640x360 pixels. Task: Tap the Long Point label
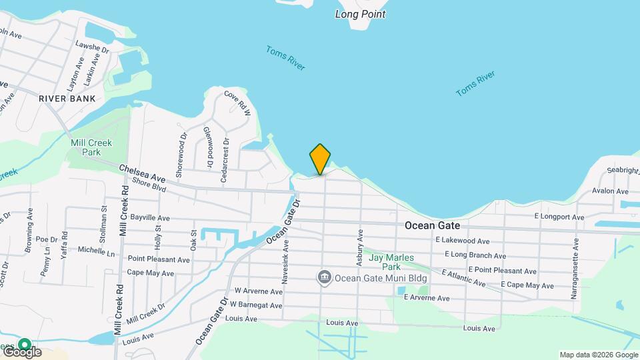pos(361,13)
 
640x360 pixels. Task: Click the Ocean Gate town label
pos(432,226)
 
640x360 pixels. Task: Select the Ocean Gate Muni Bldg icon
pos(325,277)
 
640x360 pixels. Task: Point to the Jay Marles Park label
pos(392,262)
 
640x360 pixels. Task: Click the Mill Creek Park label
pos(91,147)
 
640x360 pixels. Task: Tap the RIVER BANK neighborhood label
pos(67,99)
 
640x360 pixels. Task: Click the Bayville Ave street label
pos(150,218)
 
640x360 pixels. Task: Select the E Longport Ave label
pos(559,217)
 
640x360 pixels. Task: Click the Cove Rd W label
pos(237,103)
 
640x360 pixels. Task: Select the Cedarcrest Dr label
pos(226,161)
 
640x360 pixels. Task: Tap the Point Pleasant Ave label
pos(159,259)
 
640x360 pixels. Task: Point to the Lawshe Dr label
pos(92,48)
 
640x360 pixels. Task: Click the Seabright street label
pos(623,171)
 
